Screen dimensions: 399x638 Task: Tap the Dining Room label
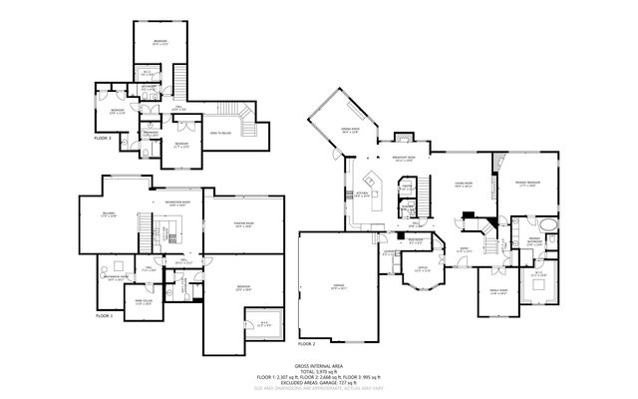[349, 130]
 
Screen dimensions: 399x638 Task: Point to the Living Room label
[462, 186]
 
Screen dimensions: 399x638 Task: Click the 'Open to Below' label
[221, 132]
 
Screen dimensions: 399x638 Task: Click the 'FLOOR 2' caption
[306, 343]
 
